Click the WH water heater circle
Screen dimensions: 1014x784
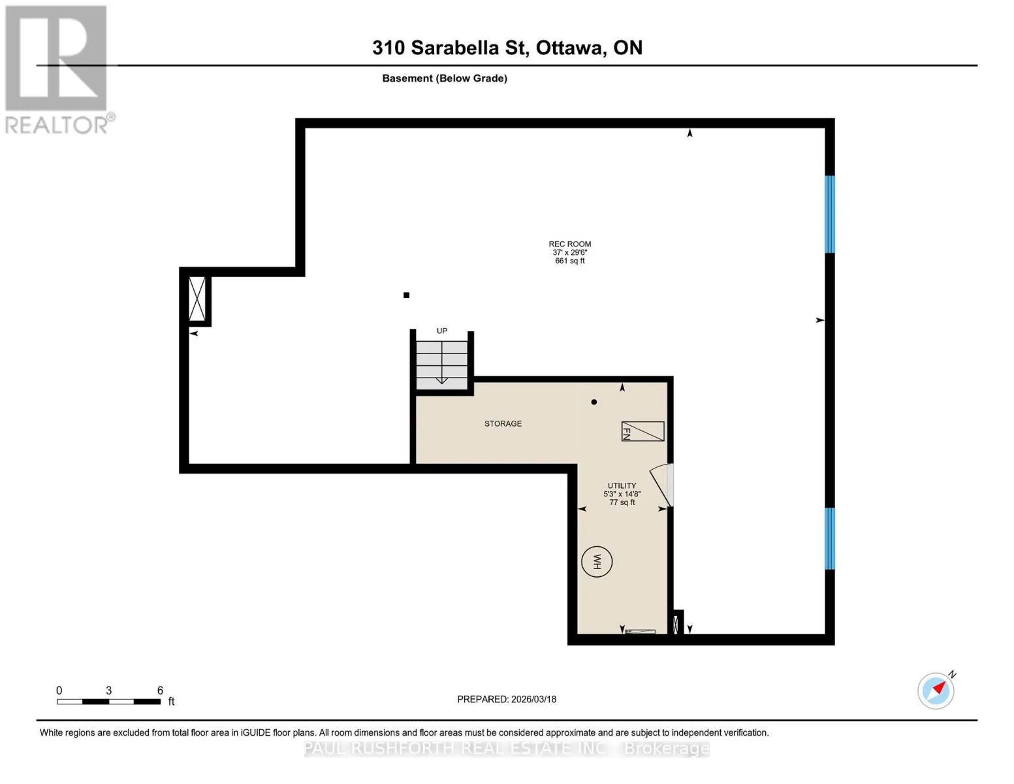(596, 562)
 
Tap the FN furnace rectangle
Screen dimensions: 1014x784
(642, 431)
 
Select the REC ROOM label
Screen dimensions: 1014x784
(570, 244)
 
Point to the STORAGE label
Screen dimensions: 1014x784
(503, 423)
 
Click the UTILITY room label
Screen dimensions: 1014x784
(622, 485)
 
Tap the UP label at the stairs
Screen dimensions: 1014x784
(441, 331)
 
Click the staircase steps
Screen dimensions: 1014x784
(441, 365)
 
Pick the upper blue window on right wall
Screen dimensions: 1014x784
(829, 214)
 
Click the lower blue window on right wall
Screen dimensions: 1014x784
(829, 538)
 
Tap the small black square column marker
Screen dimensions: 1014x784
(406, 295)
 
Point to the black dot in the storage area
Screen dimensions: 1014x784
(594, 402)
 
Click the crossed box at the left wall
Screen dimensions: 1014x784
(197, 299)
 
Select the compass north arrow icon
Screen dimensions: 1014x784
(936, 691)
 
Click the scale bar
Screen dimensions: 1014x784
(109, 702)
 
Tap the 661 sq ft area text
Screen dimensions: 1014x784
(570, 261)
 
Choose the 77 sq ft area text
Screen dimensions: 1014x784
(622, 502)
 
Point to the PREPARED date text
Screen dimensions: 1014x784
(507, 699)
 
